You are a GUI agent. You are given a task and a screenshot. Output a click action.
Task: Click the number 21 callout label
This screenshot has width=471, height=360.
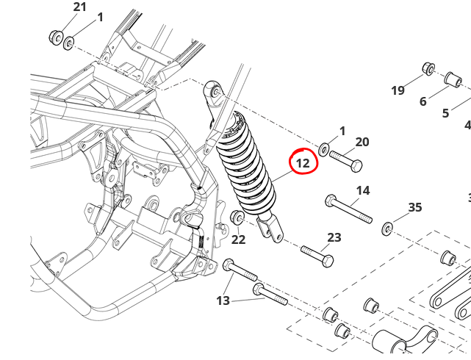[79, 7]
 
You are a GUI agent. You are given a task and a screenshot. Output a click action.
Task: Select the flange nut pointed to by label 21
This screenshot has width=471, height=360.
[56, 37]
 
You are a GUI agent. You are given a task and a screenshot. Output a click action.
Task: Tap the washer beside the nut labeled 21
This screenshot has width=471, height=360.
[69, 43]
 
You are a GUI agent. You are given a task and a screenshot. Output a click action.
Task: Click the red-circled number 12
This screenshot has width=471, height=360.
[303, 163]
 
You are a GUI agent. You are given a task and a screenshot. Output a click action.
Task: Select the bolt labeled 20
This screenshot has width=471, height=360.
[346, 160]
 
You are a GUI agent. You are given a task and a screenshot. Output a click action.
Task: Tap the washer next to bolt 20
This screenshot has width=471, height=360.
[323, 150]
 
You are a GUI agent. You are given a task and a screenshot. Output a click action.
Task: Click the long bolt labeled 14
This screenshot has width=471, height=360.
[348, 209]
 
